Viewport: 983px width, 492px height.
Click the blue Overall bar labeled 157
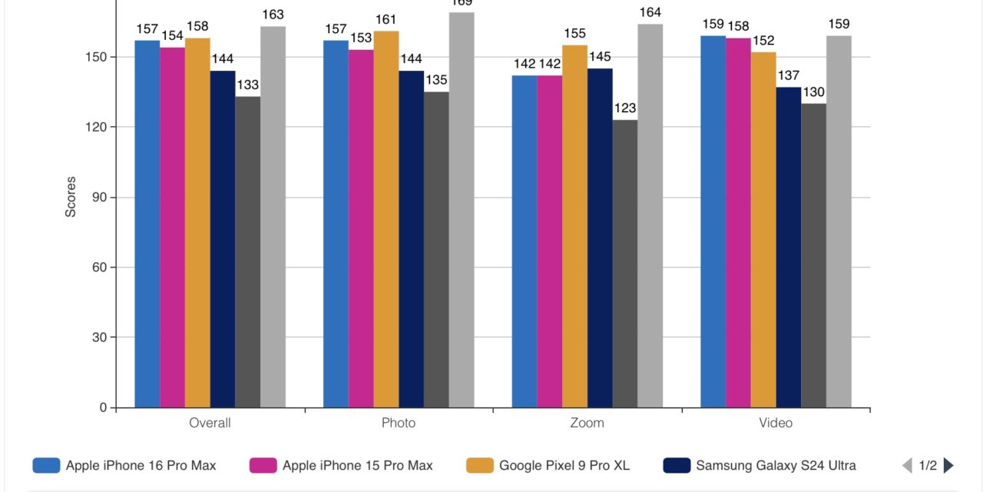click(x=147, y=223)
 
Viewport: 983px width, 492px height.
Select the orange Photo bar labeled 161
click(x=386, y=219)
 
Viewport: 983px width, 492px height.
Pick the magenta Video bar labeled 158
click(x=738, y=223)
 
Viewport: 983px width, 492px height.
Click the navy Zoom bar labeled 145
click(x=600, y=238)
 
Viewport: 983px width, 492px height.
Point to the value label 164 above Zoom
click(x=650, y=12)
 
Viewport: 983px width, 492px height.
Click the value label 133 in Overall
click(x=247, y=85)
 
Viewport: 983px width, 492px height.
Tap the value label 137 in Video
click(x=788, y=75)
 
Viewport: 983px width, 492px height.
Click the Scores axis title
click(x=71, y=198)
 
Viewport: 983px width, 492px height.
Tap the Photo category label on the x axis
click(x=399, y=423)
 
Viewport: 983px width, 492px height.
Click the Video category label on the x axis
click(x=776, y=423)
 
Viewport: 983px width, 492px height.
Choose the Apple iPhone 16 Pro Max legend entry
click(x=141, y=465)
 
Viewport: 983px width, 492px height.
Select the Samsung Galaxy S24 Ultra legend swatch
click(x=677, y=465)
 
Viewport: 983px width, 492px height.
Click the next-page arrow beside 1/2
click(x=948, y=465)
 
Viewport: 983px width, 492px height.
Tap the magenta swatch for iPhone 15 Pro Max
click(x=263, y=465)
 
